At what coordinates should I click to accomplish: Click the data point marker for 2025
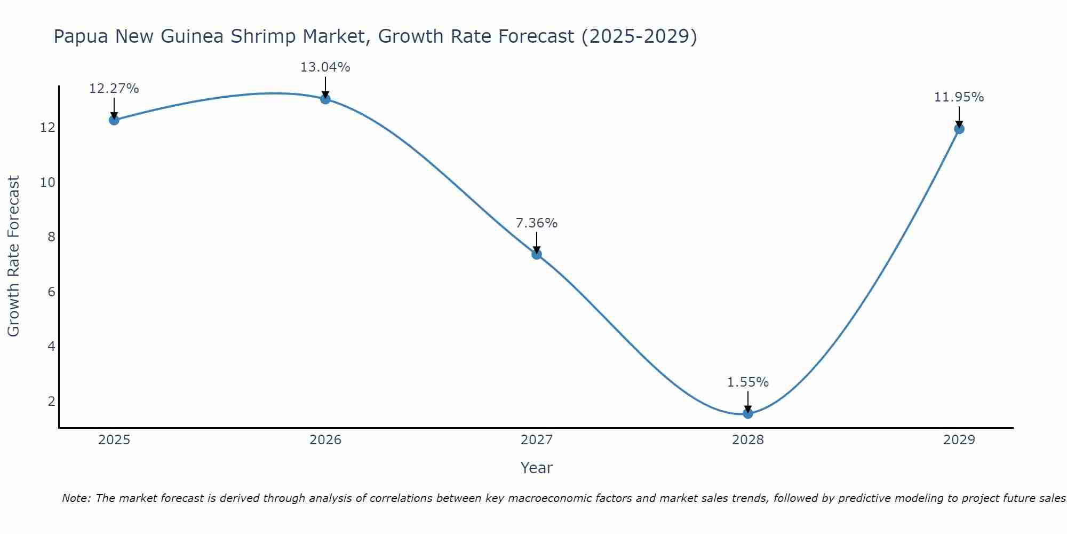tap(114, 120)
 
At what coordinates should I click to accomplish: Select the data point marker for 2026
tap(325, 99)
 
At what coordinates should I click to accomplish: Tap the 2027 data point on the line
tap(537, 254)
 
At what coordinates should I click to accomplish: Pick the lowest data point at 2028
tap(748, 413)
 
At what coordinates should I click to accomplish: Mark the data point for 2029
tap(959, 129)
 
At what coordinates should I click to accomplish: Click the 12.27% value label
tap(114, 89)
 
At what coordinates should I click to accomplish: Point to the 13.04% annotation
tap(325, 67)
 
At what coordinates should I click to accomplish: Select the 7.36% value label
tap(537, 223)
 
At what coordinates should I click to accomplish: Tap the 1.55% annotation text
tap(748, 382)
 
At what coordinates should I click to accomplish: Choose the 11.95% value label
tap(959, 97)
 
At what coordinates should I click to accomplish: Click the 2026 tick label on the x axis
tap(325, 440)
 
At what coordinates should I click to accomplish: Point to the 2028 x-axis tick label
tap(748, 440)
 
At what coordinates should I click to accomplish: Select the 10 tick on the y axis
tap(48, 183)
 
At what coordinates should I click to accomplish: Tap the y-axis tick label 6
tap(52, 292)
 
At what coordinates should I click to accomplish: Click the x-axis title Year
tap(537, 468)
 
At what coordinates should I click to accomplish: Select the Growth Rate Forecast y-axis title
tap(13, 256)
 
